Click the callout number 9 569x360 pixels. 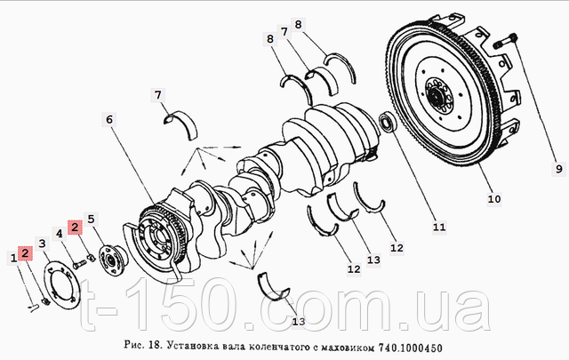tap(558, 169)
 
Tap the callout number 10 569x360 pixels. tap(494, 199)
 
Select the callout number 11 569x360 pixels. tap(439, 228)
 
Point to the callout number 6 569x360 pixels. tap(109, 119)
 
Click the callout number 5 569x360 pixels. tap(91, 219)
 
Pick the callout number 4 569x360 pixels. tap(60, 234)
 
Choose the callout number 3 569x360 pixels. tap(42, 244)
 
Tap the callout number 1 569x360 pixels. tap(13, 258)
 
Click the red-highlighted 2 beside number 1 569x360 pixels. tap(25, 253)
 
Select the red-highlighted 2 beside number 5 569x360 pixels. tap(75, 228)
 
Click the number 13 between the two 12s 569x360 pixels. tap(373, 260)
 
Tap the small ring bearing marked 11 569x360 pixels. tap(388, 123)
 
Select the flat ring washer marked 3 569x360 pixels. tap(61, 287)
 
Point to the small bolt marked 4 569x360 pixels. tap(79, 265)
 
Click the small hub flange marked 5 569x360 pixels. tap(112, 261)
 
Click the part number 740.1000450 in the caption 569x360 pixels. tap(411, 348)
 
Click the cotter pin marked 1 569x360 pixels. tap(34, 308)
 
